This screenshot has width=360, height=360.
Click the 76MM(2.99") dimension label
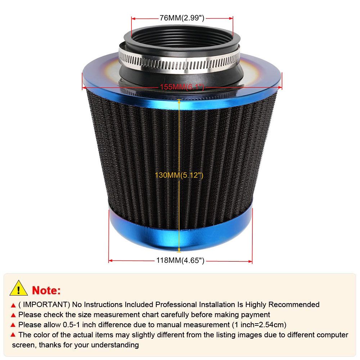(182, 18)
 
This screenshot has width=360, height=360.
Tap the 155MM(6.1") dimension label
(182, 87)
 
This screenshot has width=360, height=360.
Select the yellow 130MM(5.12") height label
(179, 175)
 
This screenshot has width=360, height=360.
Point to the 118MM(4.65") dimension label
(180, 260)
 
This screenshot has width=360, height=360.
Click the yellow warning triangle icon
(19, 288)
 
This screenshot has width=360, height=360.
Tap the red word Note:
(46, 291)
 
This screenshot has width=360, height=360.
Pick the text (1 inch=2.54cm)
(259, 325)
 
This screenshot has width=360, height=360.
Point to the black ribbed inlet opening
(182, 37)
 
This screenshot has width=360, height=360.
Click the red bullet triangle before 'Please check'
(13, 315)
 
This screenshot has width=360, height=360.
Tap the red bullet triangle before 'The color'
(13, 335)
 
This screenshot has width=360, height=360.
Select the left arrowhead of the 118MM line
(111, 261)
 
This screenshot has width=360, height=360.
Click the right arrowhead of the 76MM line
(231, 18)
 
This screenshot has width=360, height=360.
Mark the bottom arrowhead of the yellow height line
(179, 250)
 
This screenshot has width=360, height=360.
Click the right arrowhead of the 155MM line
(280, 87)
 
